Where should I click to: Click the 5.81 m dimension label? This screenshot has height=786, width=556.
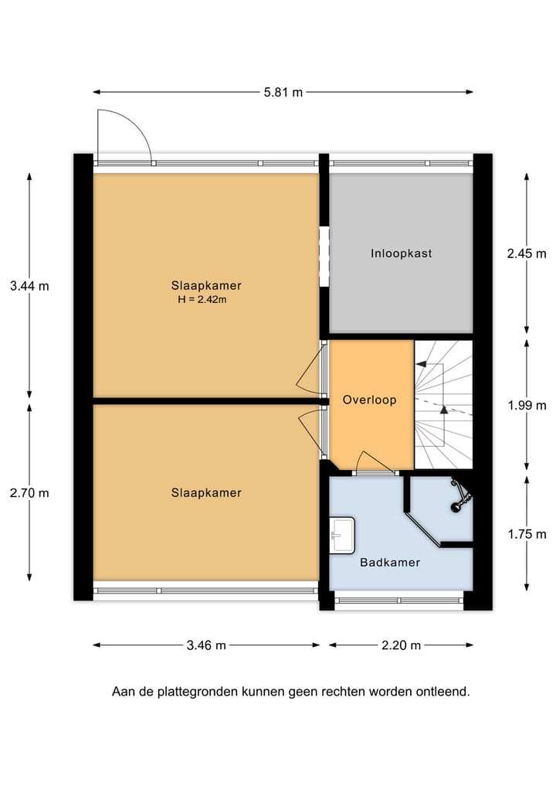coord(283,92)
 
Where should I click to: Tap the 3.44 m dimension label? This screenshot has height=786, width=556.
coord(29,285)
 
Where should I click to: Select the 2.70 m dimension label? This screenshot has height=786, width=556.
coord(29,492)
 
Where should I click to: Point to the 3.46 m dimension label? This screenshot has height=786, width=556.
coord(205,645)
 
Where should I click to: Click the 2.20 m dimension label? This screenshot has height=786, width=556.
coord(400,645)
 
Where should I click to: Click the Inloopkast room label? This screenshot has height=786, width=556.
coord(401,253)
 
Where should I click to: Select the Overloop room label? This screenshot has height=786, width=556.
coord(369,400)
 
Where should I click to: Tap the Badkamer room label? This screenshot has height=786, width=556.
coord(390,562)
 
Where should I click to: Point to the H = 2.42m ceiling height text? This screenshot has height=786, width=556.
coord(202,300)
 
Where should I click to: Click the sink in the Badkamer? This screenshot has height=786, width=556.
coord(341,535)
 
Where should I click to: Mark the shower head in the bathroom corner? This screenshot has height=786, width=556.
coord(460,495)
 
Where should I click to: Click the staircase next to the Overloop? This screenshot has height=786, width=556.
coord(443,404)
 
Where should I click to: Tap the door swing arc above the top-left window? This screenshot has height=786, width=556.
coord(124,135)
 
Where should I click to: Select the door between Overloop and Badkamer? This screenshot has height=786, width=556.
coord(374,464)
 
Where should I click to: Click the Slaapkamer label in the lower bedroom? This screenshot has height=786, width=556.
coord(206,492)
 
